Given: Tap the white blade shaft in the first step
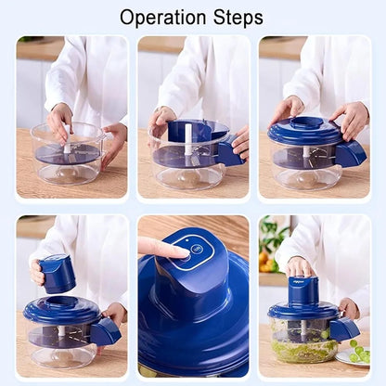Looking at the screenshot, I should (67, 145).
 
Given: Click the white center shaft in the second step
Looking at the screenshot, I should (187, 139).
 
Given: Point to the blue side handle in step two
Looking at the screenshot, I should (227, 153).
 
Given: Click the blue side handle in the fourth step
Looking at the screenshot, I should (105, 329).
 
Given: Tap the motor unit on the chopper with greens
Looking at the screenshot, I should (302, 290).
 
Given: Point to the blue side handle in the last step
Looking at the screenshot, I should (345, 328).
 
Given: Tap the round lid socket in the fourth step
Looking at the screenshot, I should (62, 302).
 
